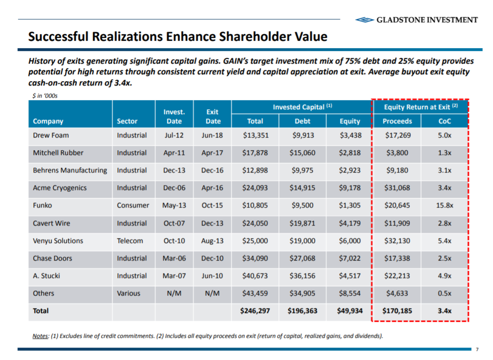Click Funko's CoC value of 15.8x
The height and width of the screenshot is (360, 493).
point(444,206)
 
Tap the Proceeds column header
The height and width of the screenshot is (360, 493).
point(397,121)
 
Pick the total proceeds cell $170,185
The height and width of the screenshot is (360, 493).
point(397,311)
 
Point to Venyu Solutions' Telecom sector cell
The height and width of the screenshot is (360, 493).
point(130,241)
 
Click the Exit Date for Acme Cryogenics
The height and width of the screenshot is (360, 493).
point(212,188)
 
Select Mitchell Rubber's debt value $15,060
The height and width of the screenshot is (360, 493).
point(304,153)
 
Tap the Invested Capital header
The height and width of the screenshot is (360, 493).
point(302,106)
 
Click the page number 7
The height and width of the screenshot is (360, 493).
point(477,349)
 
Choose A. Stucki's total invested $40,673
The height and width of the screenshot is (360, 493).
point(255,276)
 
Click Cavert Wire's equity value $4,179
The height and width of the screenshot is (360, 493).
point(350,223)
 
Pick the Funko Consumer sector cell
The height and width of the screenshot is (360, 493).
point(133,206)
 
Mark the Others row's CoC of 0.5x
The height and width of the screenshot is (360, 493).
point(444,293)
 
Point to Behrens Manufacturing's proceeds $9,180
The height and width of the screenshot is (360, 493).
point(397,171)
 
